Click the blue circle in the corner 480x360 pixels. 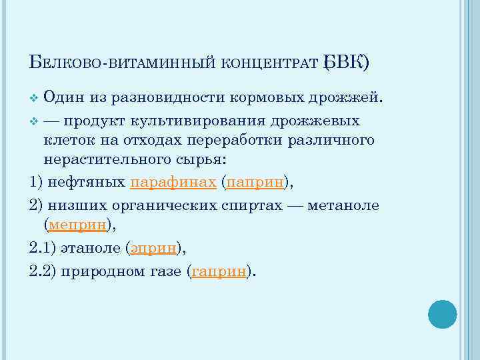click(443, 313)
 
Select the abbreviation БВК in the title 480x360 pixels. click(343, 63)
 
